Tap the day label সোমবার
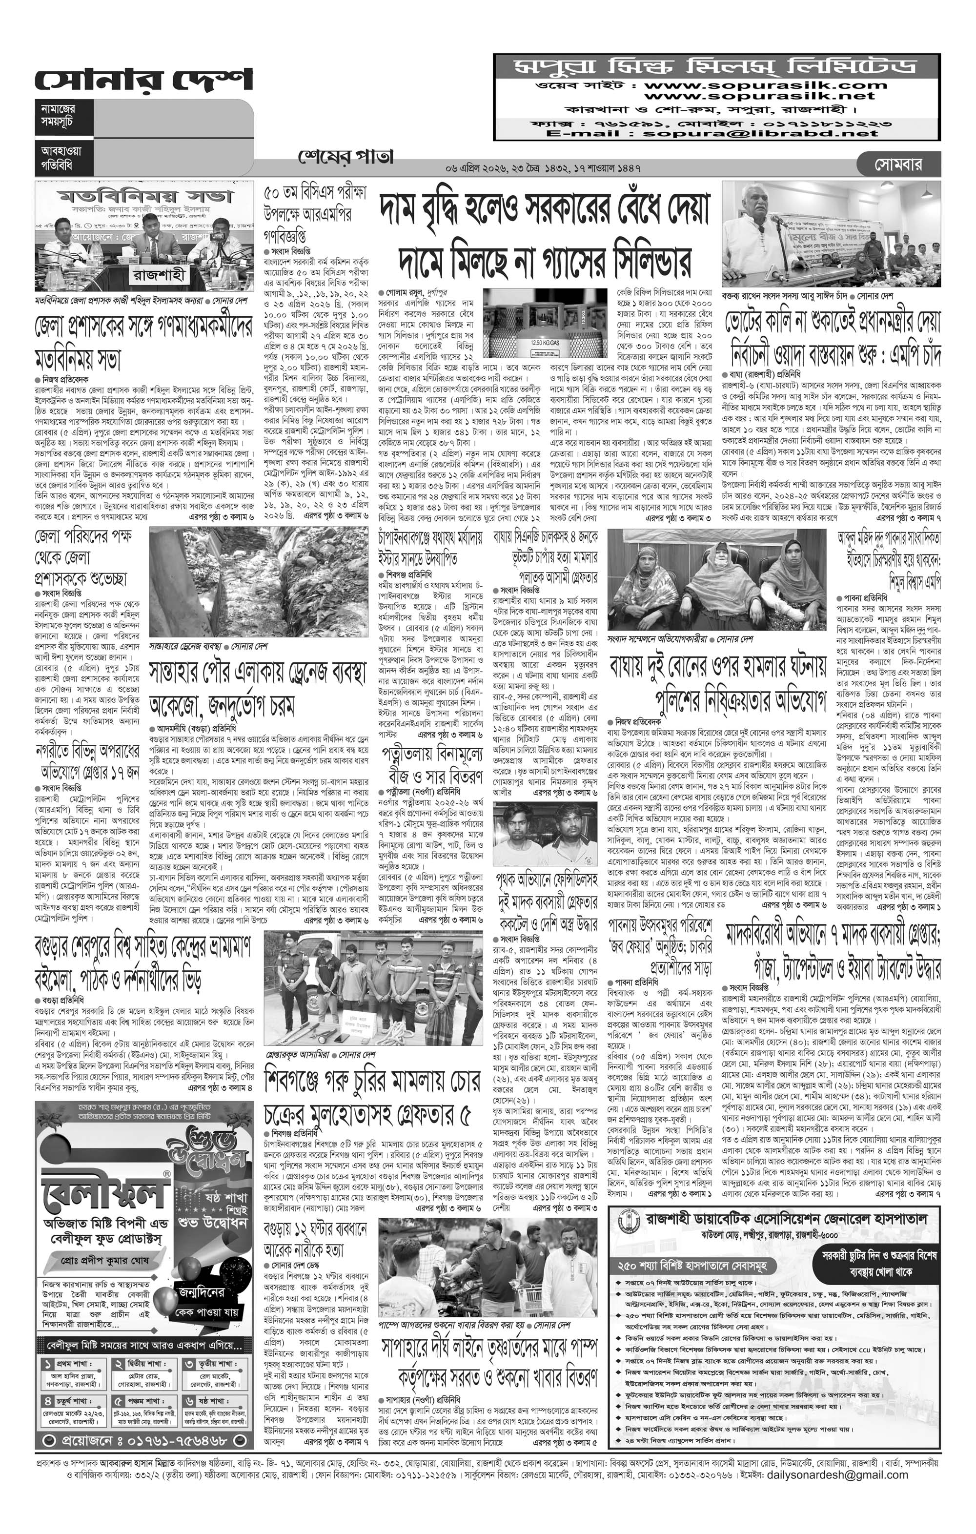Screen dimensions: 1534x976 click(898, 165)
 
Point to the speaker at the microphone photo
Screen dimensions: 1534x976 click(830, 234)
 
